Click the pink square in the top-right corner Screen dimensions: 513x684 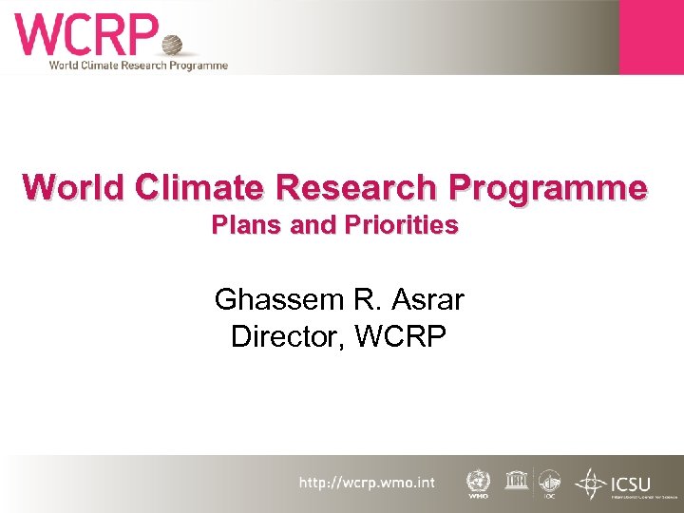tap(651, 36)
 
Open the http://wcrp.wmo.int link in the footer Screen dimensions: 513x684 tap(367, 484)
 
